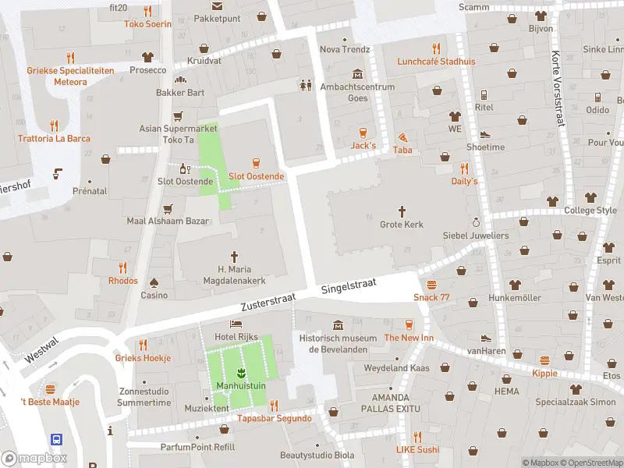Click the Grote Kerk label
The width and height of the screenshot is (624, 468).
click(x=402, y=225)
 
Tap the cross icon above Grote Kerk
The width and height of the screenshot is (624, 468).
click(x=402, y=211)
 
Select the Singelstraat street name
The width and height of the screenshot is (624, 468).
click(x=349, y=288)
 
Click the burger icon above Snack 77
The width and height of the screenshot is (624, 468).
click(x=431, y=284)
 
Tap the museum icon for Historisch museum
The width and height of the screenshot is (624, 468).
click(x=338, y=324)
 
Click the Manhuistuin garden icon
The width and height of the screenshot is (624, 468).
click(x=241, y=372)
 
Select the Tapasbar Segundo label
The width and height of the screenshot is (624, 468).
click(x=275, y=418)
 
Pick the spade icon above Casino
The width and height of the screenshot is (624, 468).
click(x=154, y=282)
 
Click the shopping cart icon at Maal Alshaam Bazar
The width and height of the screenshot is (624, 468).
click(x=168, y=208)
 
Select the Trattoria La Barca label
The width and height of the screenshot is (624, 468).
click(x=55, y=139)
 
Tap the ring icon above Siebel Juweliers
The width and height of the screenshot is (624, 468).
click(x=475, y=222)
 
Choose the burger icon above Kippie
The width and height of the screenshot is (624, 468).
click(x=544, y=360)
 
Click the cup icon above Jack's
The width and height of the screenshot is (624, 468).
click(x=363, y=132)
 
